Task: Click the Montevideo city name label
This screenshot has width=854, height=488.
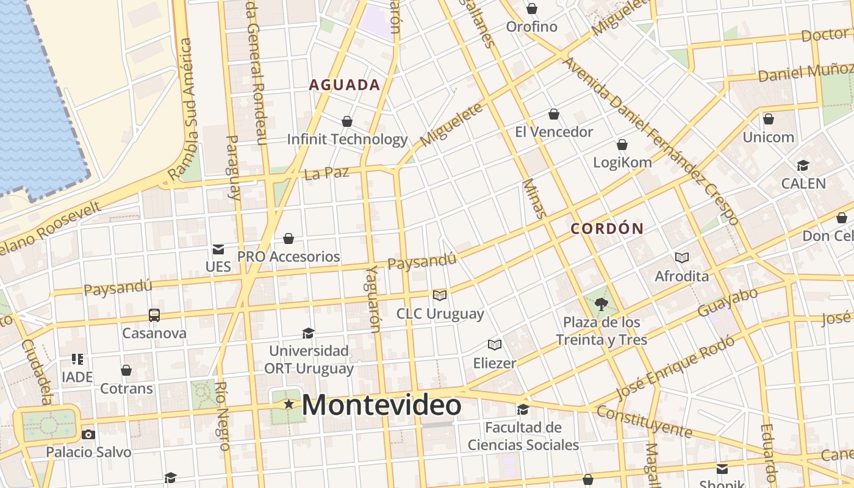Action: tap(381, 406)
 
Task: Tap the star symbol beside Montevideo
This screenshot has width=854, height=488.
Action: tap(289, 404)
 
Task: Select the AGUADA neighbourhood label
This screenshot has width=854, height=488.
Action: tap(345, 85)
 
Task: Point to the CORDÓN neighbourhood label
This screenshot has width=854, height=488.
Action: tap(607, 229)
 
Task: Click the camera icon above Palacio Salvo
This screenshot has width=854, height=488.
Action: tap(88, 434)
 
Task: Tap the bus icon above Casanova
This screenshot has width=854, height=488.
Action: tap(154, 315)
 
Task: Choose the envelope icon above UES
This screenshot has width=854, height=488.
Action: tap(218, 249)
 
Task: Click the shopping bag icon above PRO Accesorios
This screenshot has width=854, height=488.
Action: tap(289, 238)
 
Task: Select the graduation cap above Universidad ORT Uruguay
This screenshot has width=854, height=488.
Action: tap(309, 333)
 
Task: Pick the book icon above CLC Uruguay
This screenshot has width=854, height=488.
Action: tap(440, 295)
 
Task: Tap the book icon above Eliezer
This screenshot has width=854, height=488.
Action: tap(495, 345)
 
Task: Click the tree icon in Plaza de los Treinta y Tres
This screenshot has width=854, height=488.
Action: tap(601, 304)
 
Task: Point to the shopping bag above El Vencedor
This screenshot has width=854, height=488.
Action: tap(554, 114)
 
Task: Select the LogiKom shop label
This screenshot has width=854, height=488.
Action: tap(622, 162)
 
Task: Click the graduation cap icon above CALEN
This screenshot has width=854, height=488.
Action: tap(803, 165)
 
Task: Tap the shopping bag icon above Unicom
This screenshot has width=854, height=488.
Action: tap(769, 118)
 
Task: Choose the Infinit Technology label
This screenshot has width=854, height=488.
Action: tap(347, 139)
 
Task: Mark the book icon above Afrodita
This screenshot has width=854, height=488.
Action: tap(681, 258)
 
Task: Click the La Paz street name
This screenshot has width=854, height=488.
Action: tap(326, 173)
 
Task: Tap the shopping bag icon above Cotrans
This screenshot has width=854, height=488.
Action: tap(126, 370)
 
